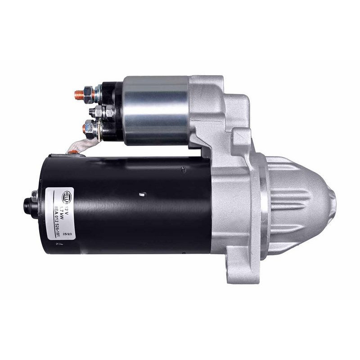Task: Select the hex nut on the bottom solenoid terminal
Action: click(90, 129)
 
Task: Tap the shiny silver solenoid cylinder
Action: click(155, 110)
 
